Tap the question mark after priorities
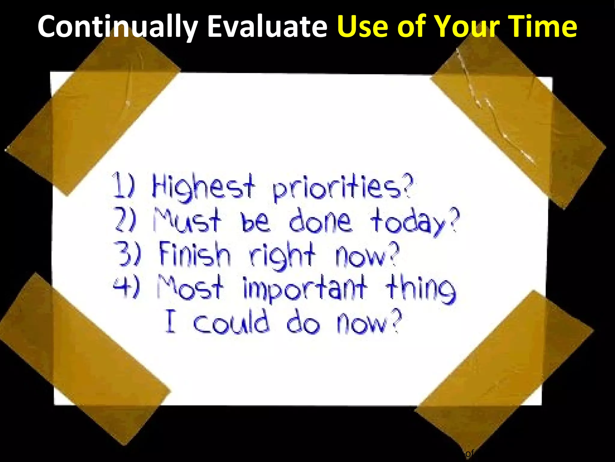pos(408,186)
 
